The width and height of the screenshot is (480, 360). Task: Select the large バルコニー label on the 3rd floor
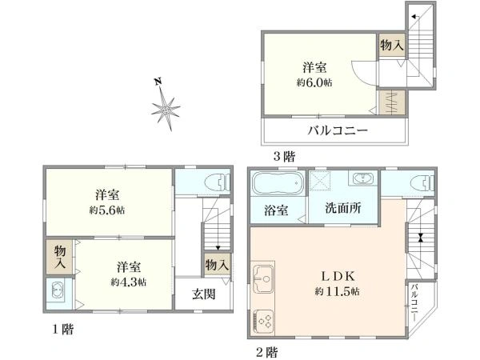pos(339,130)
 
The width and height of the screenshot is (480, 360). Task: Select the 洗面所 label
pos(342,207)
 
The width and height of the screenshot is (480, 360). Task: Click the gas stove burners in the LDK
pos(262,320)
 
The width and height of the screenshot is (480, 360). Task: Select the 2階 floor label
pos(267,350)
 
